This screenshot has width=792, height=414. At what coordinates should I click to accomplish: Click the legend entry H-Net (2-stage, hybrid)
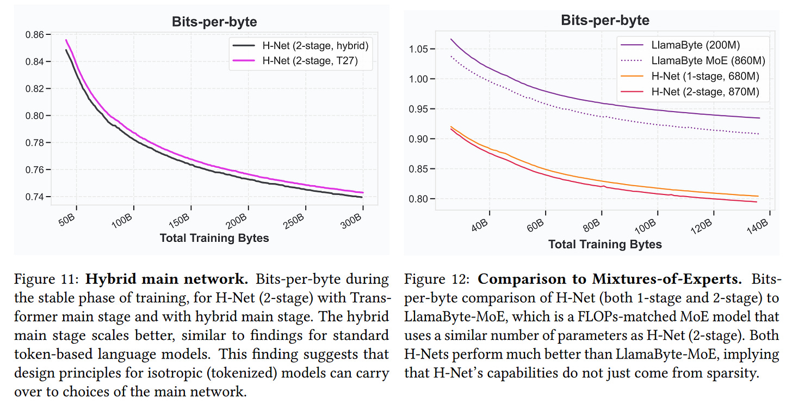click(x=318, y=46)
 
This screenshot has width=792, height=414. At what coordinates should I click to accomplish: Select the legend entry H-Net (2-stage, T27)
click(x=310, y=61)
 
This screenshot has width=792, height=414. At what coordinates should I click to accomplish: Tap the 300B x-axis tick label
click(x=354, y=220)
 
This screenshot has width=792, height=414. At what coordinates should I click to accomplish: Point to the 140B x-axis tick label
click(x=757, y=223)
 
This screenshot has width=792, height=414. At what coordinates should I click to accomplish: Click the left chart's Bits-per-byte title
click(x=214, y=22)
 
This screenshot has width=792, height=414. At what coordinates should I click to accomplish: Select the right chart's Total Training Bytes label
click(x=605, y=244)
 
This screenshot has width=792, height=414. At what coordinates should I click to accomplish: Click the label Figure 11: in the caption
click(x=47, y=280)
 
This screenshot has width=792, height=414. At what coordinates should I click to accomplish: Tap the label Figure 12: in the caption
click(x=438, y=280)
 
